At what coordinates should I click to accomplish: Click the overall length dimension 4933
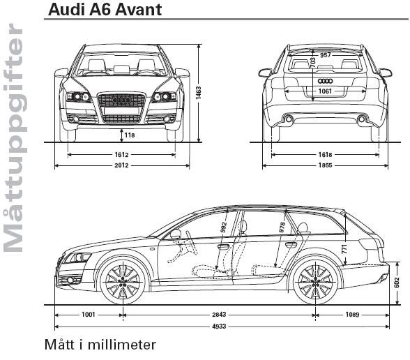(219, 327)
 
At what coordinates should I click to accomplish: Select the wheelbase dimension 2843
(219, 315)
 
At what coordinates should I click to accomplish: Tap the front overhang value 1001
(89, 314)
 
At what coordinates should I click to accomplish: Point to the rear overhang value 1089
(353, 315)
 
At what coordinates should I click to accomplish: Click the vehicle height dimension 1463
(199, 93)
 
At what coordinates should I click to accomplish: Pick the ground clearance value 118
(130, 135)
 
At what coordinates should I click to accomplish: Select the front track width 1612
(121, 155)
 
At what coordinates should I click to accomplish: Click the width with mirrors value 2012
(121, 165)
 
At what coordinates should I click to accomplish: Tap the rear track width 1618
(325, 155)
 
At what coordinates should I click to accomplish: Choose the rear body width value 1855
(325, 165)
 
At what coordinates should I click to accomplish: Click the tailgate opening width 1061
(325, 91)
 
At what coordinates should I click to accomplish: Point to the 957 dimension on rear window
(325, 55)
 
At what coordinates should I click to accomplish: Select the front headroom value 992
(223, 227)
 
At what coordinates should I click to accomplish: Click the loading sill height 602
(396, 283)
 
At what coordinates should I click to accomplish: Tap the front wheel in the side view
(123, 282)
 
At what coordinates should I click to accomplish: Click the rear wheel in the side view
(316, 282)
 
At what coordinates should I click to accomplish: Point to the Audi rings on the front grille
(121, 100)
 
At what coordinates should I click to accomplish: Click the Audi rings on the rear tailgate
(325, 81)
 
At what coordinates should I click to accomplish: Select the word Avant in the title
(138, 10)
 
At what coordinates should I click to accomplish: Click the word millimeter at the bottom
(121, 345)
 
